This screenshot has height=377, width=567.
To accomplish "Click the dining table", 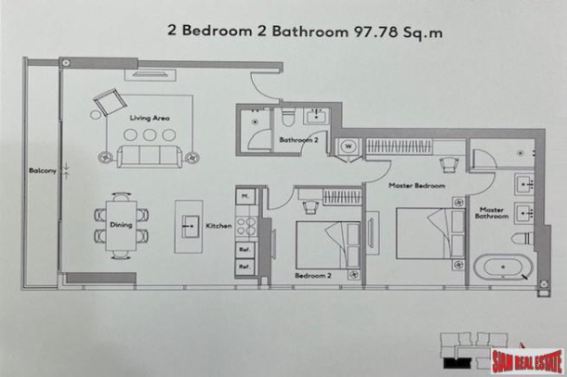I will [x=119, y=224].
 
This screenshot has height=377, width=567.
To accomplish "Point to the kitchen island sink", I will [x=189, y=224].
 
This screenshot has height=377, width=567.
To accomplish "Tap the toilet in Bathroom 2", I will [x=289, y=117].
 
